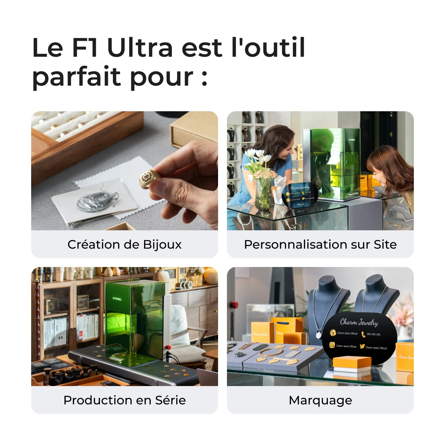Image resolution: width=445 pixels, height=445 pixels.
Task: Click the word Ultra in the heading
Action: pos(140,48)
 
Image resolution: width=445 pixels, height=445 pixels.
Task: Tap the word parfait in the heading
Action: pos(76,76)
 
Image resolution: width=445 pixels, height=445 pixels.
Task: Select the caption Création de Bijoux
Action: pos(124,244)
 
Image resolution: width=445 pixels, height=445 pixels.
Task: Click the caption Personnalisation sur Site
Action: pos(320,244)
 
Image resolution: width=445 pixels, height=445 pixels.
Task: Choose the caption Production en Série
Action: pos(124,400)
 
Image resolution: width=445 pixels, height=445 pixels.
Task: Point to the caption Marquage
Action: pos(320,400)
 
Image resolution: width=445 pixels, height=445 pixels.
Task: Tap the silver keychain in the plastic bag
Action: pos(96,201)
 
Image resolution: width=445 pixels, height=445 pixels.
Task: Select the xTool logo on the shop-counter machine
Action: pos(352,140)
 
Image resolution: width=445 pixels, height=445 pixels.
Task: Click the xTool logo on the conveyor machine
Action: pos(117,299)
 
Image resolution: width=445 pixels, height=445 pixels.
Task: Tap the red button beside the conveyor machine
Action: pos(169,347)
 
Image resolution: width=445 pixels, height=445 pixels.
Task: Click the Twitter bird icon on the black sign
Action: pos(362,346)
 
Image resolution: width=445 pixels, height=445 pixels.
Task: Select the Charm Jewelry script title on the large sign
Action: pos(359,322)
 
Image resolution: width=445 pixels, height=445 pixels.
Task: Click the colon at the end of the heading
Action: pos(204,78)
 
